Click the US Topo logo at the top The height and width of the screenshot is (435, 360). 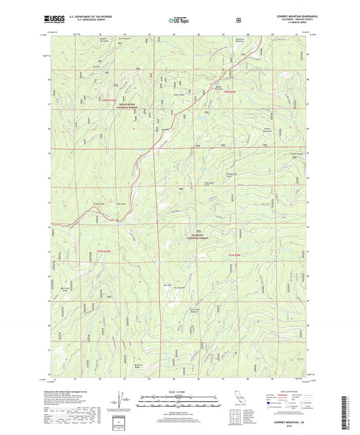178,20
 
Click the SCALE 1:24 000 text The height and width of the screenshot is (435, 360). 178,392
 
